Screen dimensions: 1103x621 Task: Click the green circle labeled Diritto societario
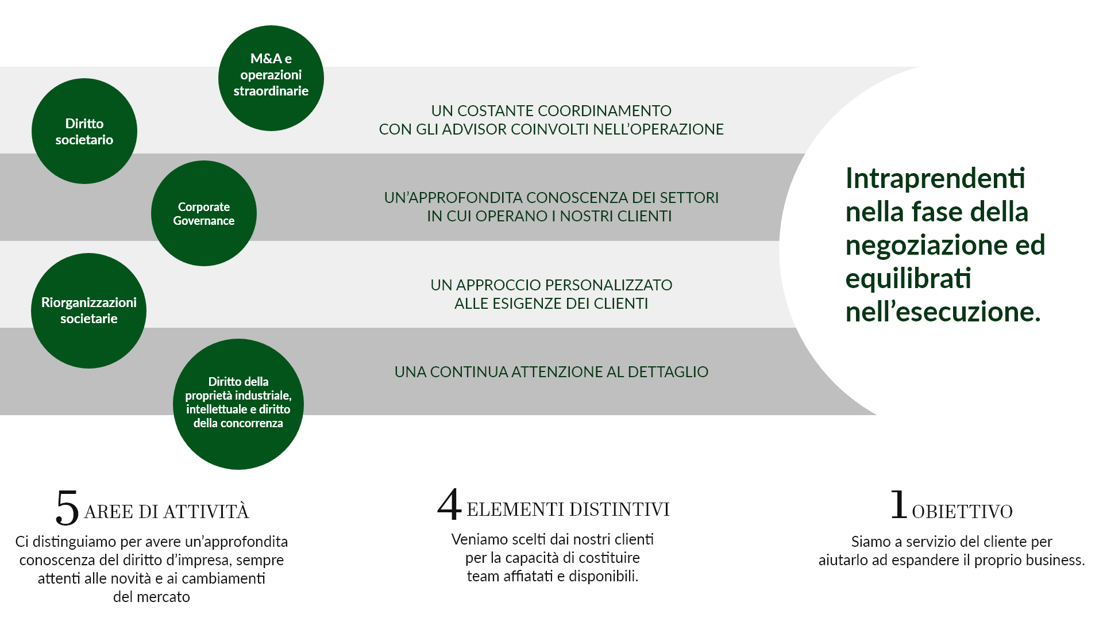pos(84,131)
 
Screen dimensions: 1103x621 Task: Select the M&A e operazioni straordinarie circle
pos(271,78)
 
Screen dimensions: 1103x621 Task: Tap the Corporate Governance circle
pos(204,213)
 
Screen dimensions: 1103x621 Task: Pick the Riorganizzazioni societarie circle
pos(89,310)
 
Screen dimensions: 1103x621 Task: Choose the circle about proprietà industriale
pos(238,404)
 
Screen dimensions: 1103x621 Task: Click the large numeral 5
pos(67,508)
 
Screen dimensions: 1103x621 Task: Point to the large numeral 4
pos(449,504)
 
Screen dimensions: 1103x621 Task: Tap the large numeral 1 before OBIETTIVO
pos(899,504)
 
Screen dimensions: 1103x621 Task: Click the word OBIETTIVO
pos(962,512)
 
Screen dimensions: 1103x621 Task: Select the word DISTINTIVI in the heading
pos(619,509)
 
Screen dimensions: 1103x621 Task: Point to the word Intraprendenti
pos(935,178)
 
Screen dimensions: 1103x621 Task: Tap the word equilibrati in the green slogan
pos(908,279)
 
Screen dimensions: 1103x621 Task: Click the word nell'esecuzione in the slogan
pos(943,312)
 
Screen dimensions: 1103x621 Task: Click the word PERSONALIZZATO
pos(608,285)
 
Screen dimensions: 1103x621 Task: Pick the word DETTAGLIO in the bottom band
pos(668,372)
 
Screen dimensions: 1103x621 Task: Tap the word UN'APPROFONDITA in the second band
pos(453,198)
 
